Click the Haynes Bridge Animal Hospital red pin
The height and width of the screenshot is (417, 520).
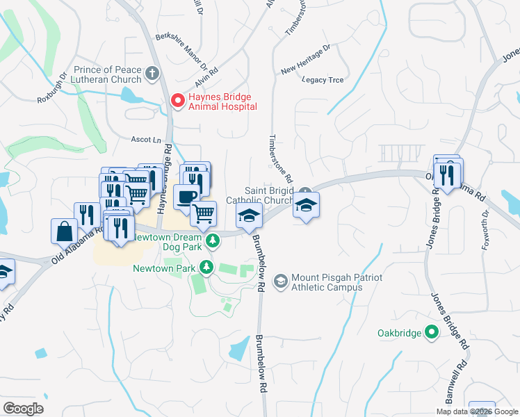pos(178,101)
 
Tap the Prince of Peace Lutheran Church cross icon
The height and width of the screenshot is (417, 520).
pos(152,72)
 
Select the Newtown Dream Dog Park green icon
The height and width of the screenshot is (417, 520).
pos(215,240)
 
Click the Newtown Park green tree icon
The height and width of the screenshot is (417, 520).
pos(206,267)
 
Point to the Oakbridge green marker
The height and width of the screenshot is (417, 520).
pos(432,333)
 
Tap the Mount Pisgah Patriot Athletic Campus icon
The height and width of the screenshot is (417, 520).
pos(280,281)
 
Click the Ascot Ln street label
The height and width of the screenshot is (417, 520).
pos(147,140)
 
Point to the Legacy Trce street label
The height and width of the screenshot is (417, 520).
pos(323,80)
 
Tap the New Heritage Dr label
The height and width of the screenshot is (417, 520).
pos(306,67)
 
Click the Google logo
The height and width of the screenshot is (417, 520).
pos(23,409)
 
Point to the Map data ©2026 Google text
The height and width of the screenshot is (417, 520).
pos(477,411)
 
